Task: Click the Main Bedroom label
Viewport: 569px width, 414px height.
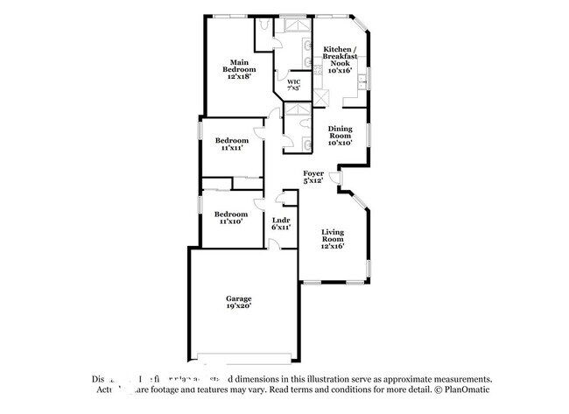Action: pyautogui.click(x=240, y=68)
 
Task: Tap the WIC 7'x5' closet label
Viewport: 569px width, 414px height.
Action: pyautogui.click(x=293, y=85)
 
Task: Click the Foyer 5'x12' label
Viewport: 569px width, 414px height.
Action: pyautogui.click(x=313, y=177)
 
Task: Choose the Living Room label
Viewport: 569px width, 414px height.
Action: pyautogui.click(x=332, y=237)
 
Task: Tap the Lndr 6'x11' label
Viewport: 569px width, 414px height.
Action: pyautogui.click(x=281, y=222)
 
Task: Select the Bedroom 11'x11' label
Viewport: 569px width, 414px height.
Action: pyautogui.click(x=231, y=144)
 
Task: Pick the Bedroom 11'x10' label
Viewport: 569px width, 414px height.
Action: pyautogui.click(x=231, y=217)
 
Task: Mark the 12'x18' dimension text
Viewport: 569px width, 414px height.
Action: pyautogui.click(x=240, y=77)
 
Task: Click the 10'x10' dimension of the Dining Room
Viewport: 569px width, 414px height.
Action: pyautogui.click(x=340, y=142)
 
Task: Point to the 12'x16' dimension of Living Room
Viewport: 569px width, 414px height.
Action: pyautogui.click(x=332, y=246)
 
